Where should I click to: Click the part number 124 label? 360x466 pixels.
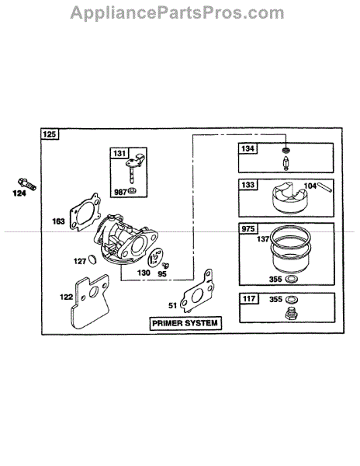(19, 193)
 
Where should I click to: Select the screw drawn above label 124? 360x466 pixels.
(27, 183)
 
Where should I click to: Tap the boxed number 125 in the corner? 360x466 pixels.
(49, 134)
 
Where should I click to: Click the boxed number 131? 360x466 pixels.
(119, 153)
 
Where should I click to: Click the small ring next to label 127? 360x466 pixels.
(93, 259)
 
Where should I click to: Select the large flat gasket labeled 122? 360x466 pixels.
(89, 301)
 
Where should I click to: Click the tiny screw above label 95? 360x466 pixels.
(165, 265)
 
